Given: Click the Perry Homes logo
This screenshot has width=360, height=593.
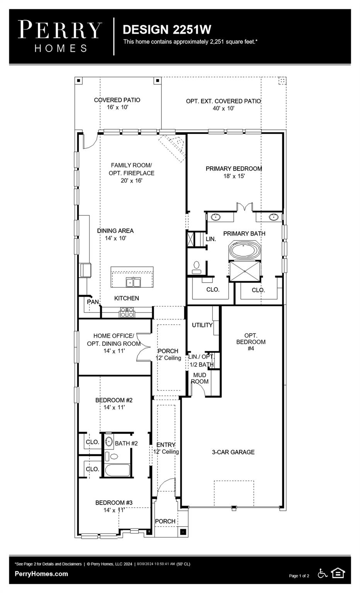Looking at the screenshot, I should click(x=60, y=36).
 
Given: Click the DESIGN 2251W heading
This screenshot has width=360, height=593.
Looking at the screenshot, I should click(x=167, y=29).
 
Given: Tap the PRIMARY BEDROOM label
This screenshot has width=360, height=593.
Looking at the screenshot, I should click(x=234, y=169).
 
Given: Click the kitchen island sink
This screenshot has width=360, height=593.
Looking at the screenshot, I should click(x=133, y=283).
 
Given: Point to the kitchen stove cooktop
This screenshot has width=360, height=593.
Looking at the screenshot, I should click(x=127, y=312).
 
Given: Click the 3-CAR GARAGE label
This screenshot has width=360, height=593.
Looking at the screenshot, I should click(x=233, y=452).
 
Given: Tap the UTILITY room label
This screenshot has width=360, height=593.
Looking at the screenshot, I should click(x=202, y=325).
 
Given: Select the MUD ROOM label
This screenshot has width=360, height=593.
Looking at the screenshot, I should click(x=200, y=378).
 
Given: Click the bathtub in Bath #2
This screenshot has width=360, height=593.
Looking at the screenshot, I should click(x=117, y=471).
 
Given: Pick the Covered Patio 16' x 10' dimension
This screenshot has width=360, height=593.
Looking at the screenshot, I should click(x=117, y=107).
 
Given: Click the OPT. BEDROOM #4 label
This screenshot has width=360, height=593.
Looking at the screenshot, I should click(x=251, y=342).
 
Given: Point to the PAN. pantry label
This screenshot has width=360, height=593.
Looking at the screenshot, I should click(x=93, y=302).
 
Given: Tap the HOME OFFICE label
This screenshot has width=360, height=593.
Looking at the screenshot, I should click(x=114, y=336).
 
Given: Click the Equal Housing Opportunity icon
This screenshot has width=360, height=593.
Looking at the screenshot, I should click(x=338, y=573).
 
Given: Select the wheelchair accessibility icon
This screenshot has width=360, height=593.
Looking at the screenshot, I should click(x=323, y=573).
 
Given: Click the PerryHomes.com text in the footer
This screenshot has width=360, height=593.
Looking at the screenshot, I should click(x=41, y=574).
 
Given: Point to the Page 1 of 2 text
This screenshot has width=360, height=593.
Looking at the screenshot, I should click(x=299, y=576).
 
